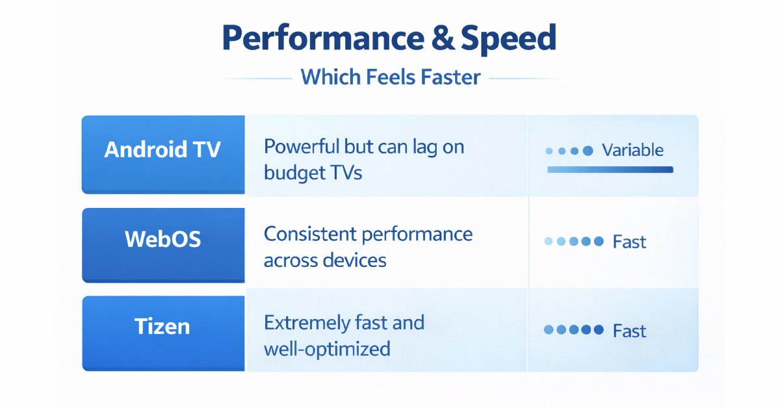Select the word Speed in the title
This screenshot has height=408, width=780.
click(x=509, y=39)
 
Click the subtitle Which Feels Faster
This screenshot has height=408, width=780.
click(x=391, y=77)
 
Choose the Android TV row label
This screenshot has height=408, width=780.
click(x=162, y=149)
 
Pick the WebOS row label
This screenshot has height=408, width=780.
click(x=162, y=239)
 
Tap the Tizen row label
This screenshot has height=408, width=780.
click(x=162, y=325)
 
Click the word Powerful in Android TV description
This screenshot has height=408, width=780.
click(x=301, y=146)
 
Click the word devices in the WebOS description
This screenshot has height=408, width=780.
click(x=355, y=260)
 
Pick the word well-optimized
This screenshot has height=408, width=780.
click(x=327, y=349)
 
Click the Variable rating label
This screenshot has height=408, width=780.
click(x=632, y=150)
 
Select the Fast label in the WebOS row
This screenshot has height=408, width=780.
click(x=629, y=242)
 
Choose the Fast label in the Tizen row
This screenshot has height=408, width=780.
click(x=629, y=331)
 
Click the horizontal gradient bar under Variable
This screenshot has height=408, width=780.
click(x=610, y=170)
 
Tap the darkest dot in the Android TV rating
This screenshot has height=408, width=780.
click(x=588, y=151)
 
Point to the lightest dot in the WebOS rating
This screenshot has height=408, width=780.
click(x=549, y=242)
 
